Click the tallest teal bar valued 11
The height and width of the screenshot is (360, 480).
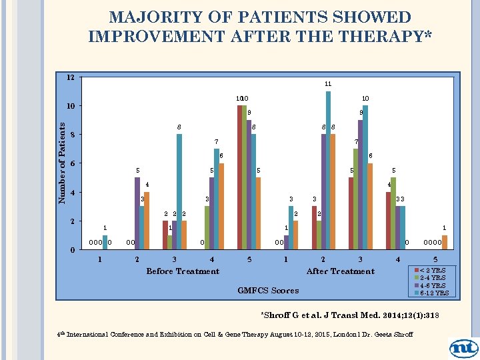(x=328, y=170)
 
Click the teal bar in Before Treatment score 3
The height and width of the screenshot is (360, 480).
(x=179, y=192)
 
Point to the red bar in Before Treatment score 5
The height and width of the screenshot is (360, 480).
(x=239, y=177)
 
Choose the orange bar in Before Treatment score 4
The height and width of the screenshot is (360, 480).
(x=221, y=207)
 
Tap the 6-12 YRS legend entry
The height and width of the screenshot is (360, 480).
(x=433, y=293)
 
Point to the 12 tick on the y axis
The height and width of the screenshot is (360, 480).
(x=70, y=77)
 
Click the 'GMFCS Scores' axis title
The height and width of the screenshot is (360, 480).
(x=268, y=290)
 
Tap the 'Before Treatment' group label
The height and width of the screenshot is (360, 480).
(x=183, y=271)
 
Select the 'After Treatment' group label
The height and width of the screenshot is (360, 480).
(x=340, y=271)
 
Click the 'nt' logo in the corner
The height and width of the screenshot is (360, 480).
(x=463, y=347)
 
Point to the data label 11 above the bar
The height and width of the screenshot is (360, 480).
(x=328, y=84)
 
